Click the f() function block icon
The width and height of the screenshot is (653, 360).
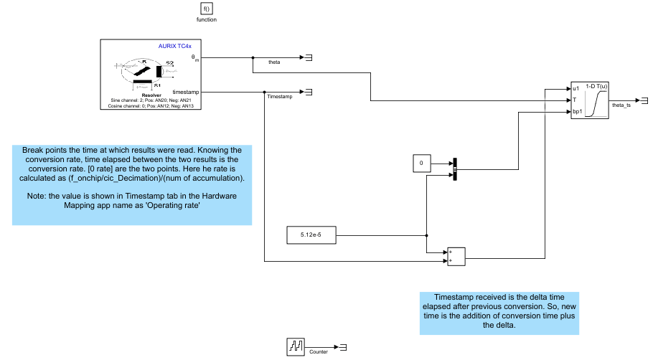coord(207,9)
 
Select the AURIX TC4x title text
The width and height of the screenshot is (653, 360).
coord(174,46)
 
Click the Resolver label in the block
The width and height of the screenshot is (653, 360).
coord(151,94)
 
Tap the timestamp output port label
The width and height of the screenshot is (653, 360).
coord(187,91)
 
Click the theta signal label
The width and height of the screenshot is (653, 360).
coord(274,62)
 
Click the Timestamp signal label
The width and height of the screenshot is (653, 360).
coord(279,96)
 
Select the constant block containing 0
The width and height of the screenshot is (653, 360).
coord(421,164)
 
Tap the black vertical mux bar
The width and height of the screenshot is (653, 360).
coord(455,169)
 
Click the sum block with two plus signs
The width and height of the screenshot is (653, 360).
coord(456,257)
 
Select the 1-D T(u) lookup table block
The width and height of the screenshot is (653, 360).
coord(589,100)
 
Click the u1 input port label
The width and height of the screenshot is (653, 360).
coord(576,89)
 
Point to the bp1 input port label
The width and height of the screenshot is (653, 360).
coord(577,111)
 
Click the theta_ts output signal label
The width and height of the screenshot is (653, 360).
coord(621,105)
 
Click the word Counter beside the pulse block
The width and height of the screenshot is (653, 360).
coord(319,352)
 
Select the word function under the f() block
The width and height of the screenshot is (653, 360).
coord(207,19)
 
